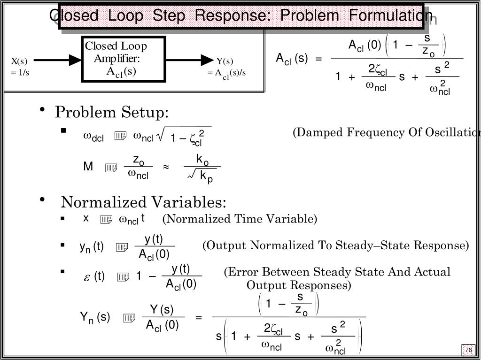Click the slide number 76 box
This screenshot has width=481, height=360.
(x=468, y=350)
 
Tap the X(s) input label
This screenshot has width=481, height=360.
(x=19, y=61)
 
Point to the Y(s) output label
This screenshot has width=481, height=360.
(x=225, y=61)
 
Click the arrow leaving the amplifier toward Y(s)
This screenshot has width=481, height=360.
(x=190, y=60)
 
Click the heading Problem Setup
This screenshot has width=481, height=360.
(x=112, y=113)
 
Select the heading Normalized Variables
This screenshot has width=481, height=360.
(x=143, y=202)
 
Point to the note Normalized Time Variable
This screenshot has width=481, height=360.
(x=240, y=219)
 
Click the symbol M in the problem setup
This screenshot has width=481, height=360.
(x=88, y=167)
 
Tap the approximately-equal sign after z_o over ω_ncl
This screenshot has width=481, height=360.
(x=166, y=167)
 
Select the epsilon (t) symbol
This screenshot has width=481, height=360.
(x=94, y=277)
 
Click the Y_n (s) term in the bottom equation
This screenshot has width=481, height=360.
(x=94, y=318)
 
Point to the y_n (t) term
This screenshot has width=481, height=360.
(x=91, y=247)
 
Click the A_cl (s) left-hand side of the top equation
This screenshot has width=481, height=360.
(x=292, y=59)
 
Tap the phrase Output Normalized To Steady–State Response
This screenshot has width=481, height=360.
(x=335, y=245)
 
